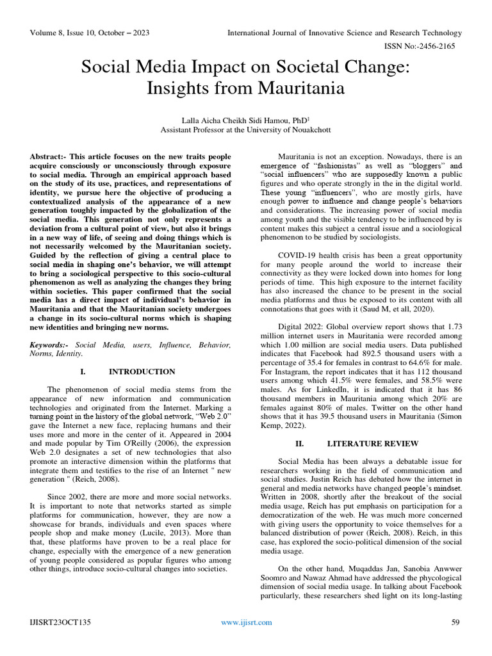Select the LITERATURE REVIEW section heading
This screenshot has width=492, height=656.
[x=373, y=443]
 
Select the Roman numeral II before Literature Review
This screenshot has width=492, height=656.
[x=299, y=443]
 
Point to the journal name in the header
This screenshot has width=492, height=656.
[x=345, y=33]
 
